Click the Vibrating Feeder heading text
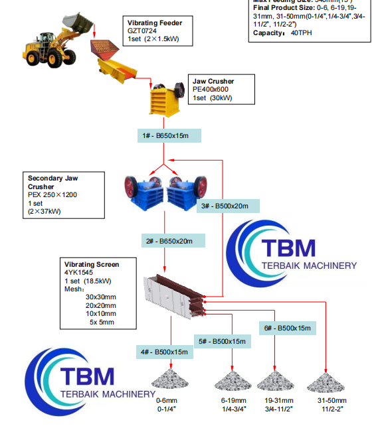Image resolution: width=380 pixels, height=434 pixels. coord(155,23)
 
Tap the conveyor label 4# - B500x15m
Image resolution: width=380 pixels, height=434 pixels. coord(164,351)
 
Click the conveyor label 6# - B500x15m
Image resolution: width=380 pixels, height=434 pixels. coord(287,328)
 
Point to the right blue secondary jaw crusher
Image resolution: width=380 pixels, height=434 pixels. coord(185,192)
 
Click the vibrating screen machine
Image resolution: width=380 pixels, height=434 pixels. coord(174,293)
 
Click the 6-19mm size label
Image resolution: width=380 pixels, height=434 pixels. coord(233,401)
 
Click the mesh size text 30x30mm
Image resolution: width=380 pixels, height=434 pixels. coord(100,297)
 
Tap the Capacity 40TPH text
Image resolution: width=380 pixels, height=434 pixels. coord(282,33)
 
